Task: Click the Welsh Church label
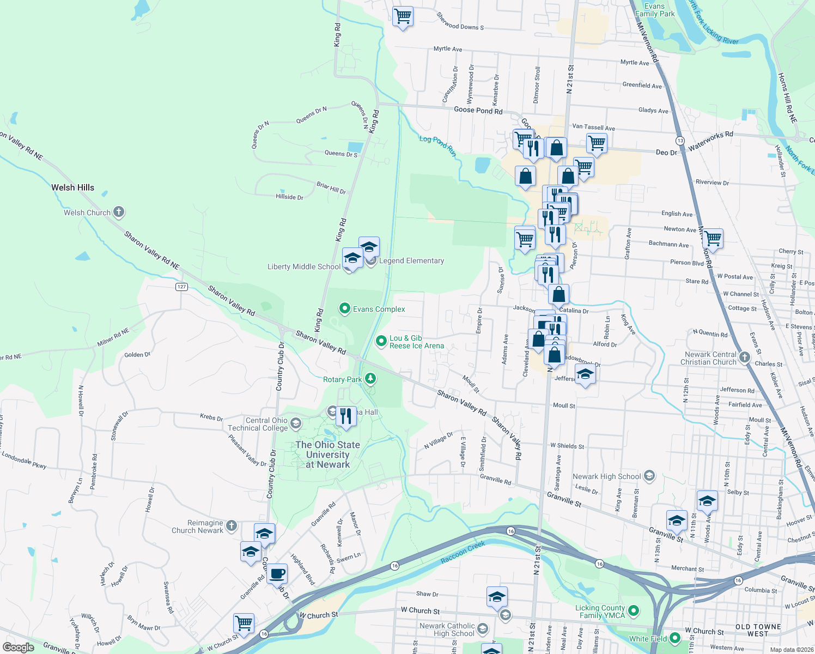(x=87, y=213)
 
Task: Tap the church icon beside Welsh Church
(x=119, y=212)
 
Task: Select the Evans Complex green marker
(x=344, y=309)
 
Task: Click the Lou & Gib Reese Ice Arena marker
(x=381, y=342)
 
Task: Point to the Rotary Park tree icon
(x=370, y=379)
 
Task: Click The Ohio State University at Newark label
(x=327, y=455)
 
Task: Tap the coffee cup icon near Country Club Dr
(x=277, y=573)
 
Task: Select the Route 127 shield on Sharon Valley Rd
(x=181, y=287)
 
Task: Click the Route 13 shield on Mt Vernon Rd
(x=680, y=141)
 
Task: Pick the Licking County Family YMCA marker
(x=634, y=610)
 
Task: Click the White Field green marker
(x=675, y=638)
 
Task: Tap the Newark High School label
(x=606, y=476)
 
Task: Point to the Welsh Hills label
(x=72, y=187)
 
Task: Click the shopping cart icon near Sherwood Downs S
(x=403, y=16)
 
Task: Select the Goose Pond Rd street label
(x=478, y=110)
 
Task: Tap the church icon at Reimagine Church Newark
(x=232, y=526)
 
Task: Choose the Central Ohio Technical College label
(x=258, y=424)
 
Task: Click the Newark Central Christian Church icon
(x=745, y=358)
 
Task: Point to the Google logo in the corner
(x=18, y=647)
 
